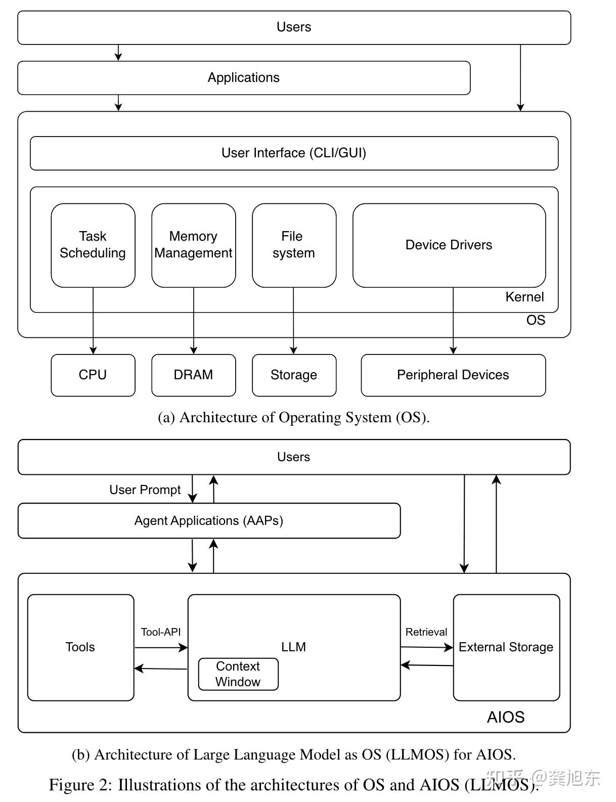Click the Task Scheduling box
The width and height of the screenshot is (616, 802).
pyautogui.click(x=93, y=245)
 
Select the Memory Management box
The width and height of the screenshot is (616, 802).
pyautogui.click(x=193, y=245)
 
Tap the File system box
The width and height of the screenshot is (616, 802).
pyautogui.click(x=294, y=245)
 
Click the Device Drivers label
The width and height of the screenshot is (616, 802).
pyautogui.click(x=449, y=245)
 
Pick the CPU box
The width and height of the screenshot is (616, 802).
pyautogui.click(x=93, y=375)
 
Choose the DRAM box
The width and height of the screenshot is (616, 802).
pyautogui.click(x=193, y=375)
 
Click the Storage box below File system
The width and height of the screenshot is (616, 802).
pyautogui.click(x=294, y=375)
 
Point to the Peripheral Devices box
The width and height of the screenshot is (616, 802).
pyautogui.click(x=453, y=375)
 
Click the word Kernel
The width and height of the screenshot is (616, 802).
pyautogui.click(x=524, y=297)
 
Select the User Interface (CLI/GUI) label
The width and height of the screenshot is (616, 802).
pyautogui.click(x=294, y=153)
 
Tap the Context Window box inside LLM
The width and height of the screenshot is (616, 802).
pyautogui.click(x=238, y=674)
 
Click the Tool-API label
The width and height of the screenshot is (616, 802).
pyautogui.click(x=161, y=632)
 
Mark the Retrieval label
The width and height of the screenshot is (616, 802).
pyautogui.click(x=426, y=632)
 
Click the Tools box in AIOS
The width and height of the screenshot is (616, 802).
pyautogui.click(x=80, y=647)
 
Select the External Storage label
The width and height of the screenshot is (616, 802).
pyautogui.click(x=506, y=647)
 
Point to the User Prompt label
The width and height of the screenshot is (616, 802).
pyautogui.click(x=145, y=490)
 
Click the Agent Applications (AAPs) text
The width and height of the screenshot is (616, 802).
pyautogui.click(x=209, y=521)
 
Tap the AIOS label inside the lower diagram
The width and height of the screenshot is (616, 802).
pyautogui.click(x=506, y=717)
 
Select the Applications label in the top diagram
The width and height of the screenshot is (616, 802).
pyautogui.click(x=244, y=78)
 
